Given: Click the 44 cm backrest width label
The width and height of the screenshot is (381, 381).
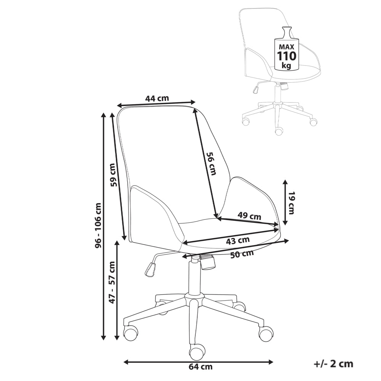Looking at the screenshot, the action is [x=157, y=98].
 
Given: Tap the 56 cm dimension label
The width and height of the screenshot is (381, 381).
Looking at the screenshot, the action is [x=211, y=163].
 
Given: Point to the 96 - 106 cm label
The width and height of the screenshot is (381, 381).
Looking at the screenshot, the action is [x=99, y=226].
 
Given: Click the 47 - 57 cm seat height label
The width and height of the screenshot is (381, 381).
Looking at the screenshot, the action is [x=112, y=282].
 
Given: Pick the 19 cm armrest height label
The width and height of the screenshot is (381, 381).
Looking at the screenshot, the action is [x=291, y=203].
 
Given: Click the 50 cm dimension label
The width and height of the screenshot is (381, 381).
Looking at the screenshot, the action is [x=242, y=254].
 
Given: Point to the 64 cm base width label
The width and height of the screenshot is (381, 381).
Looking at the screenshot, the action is [x=200, y=367].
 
